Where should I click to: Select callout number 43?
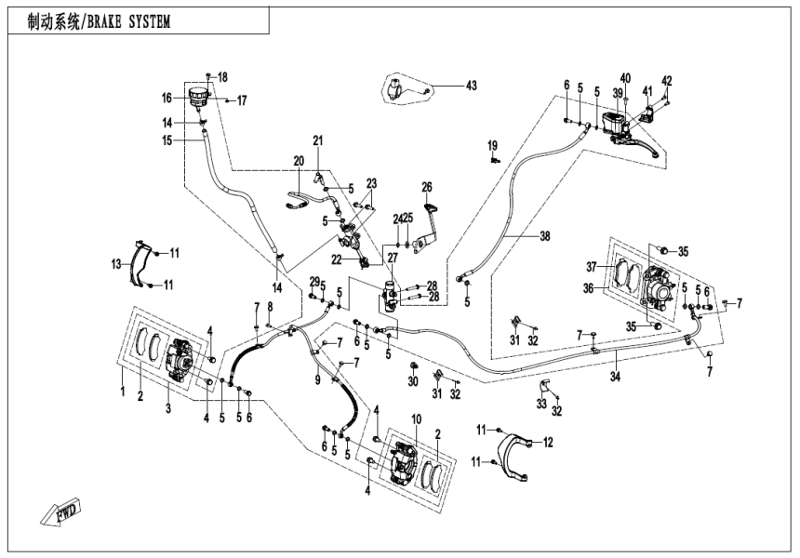471,86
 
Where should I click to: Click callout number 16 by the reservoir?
167,97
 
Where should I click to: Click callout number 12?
548,442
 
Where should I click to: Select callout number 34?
616,377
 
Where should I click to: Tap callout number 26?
427,186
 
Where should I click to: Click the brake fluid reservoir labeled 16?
197,97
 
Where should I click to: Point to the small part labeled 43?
398,90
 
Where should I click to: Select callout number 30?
414,382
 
